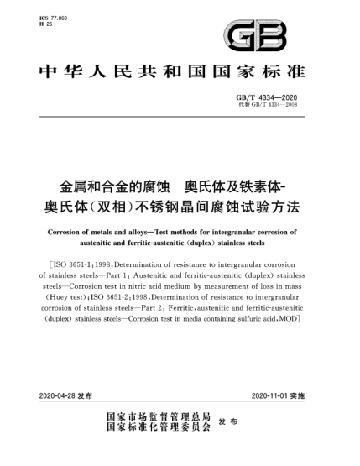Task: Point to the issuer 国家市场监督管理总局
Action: coord(157,416)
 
